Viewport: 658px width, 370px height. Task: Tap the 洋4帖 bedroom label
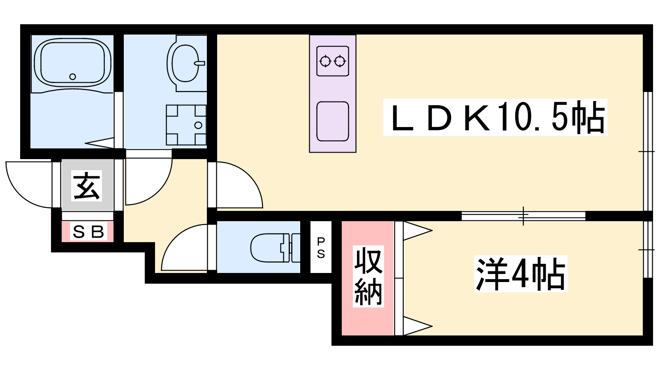521,274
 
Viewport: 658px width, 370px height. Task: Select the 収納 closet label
368,276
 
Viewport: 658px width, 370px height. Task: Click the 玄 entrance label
87,185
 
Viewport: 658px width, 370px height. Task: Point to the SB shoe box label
88,232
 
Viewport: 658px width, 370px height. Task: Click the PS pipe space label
321,247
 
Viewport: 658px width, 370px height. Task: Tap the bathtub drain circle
72,76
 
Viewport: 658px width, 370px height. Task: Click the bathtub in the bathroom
72,62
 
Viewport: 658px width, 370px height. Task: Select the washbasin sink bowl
185,63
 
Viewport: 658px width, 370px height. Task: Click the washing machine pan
186,125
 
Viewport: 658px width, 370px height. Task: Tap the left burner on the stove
325,61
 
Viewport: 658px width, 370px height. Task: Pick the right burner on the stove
340,61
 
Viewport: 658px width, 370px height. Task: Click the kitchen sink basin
333,121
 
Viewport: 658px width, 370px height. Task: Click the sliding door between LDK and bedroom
524,216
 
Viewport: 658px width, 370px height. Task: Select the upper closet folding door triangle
417,231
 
